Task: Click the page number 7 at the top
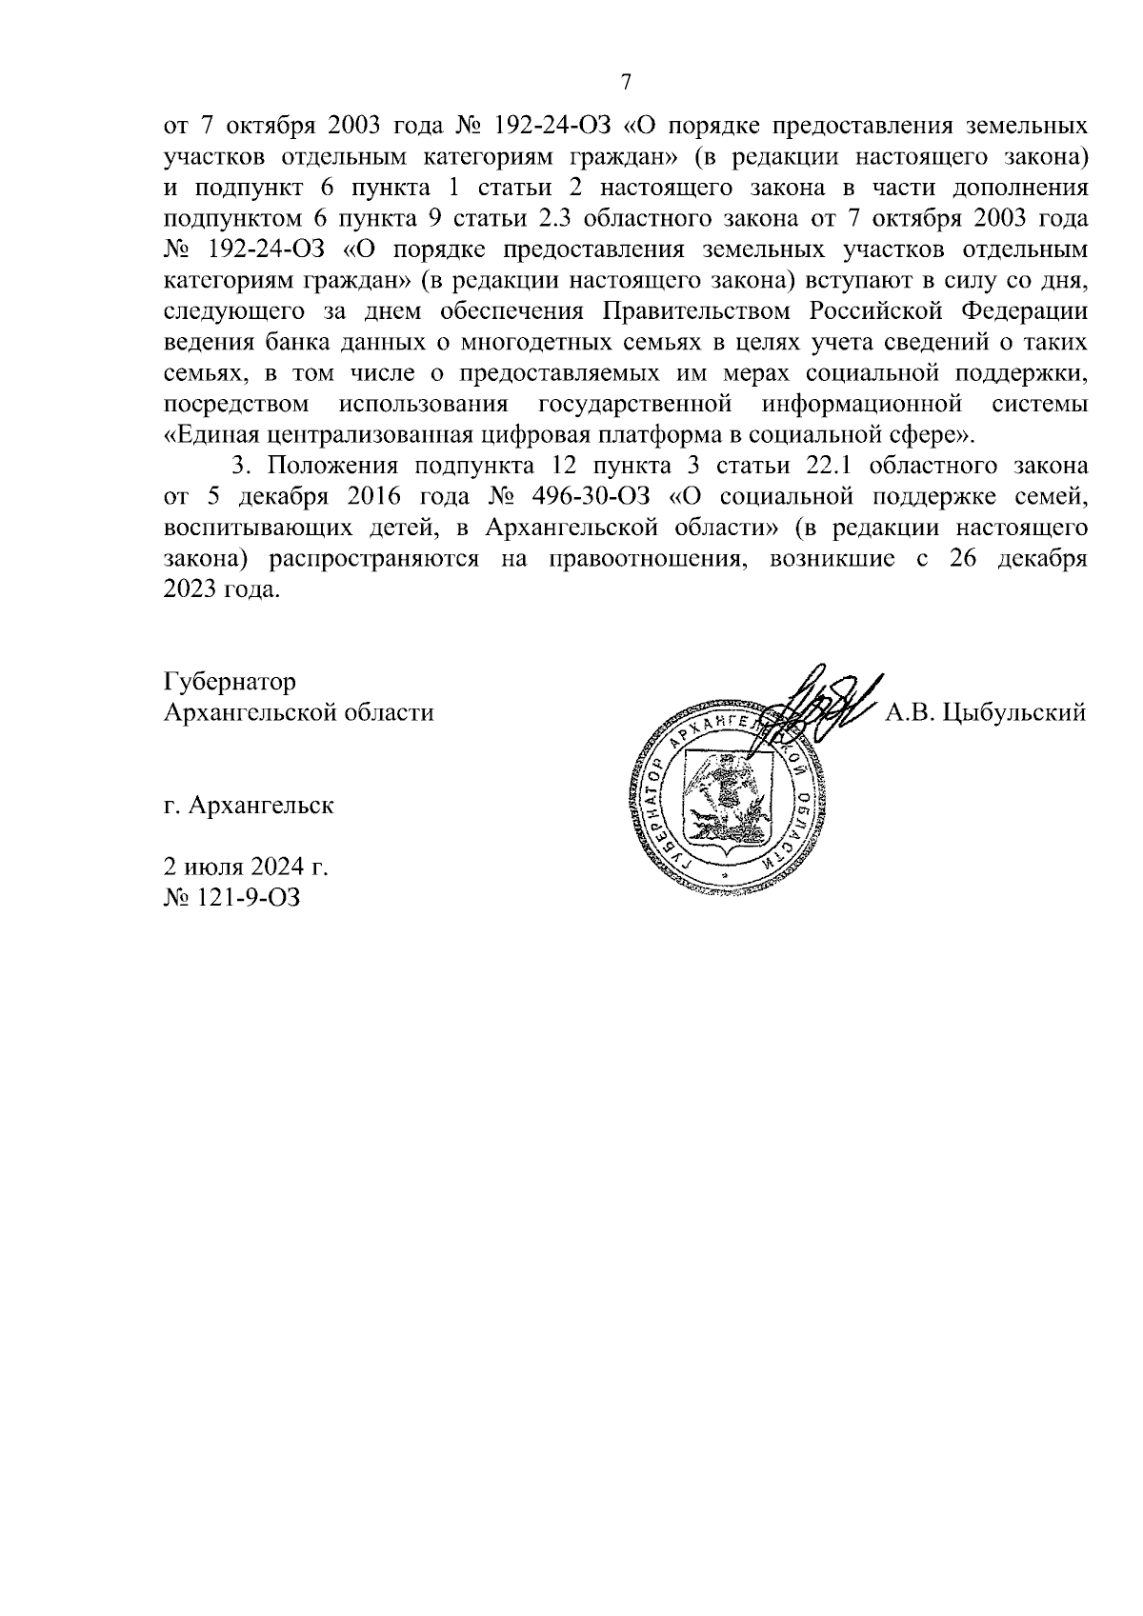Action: (626, 82)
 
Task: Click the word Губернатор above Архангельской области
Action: (230, 682)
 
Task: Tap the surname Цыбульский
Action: (1013, 712)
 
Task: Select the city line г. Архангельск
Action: (249, 805)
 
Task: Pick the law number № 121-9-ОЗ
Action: (232, 896)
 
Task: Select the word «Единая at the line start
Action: (215, 435)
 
